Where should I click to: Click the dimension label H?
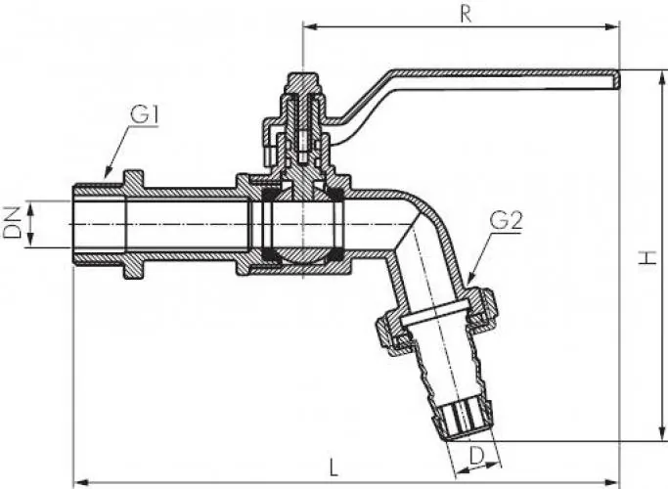click(x=646, y=257)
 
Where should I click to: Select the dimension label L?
click(x=334, y=467)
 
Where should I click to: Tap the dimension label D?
click(x=475, y=454)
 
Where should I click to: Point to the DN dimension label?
click(x=12, y=225)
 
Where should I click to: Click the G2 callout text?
click(x=505, y=221)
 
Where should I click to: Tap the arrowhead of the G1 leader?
click(x=101, y=176)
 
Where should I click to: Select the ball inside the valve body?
click(x=303, y=225)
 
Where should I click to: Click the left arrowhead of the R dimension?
click(x=308, y=25)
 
